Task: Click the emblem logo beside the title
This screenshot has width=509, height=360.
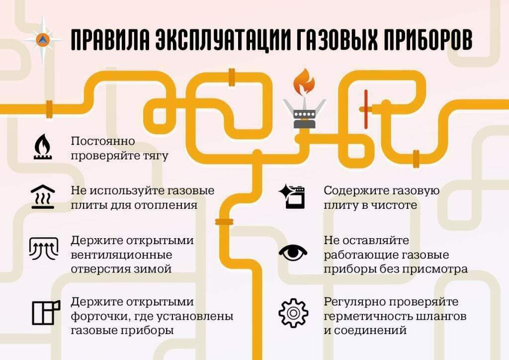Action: (x=43, y=40)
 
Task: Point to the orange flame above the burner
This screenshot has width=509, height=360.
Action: (x=304, y=82)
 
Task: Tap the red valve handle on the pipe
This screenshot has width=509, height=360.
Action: (x=366, y=109)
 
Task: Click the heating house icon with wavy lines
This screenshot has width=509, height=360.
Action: (x=43, y=197)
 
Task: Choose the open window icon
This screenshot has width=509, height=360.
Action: (x=46, y=312)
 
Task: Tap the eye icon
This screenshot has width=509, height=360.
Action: (x=293, y=253)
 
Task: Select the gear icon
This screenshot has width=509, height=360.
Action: (x=293, y=313)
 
